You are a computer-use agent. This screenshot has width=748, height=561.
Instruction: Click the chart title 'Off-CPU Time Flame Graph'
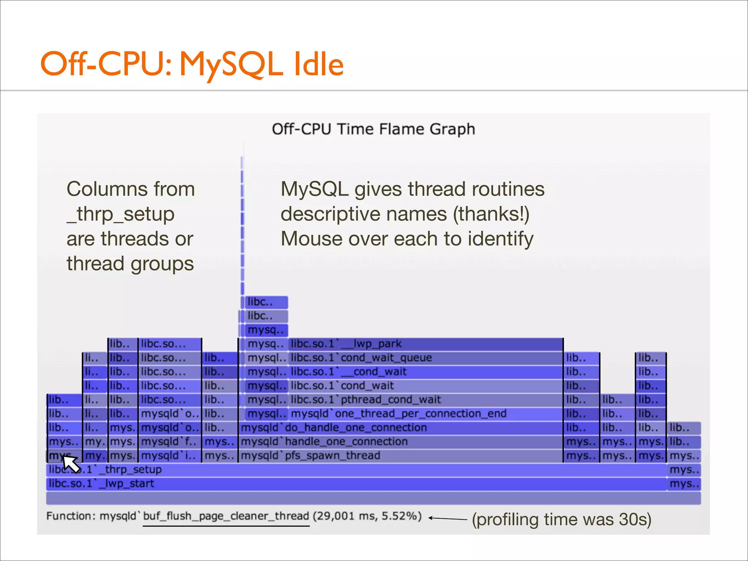coord(373,129)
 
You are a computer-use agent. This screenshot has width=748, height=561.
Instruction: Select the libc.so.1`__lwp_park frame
coord(425,344)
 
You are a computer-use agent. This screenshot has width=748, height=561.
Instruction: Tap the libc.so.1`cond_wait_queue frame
coord(425,358)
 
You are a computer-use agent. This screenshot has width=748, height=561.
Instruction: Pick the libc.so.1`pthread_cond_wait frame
coord(425,400)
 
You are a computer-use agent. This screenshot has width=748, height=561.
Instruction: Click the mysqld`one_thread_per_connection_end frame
coord(425,414)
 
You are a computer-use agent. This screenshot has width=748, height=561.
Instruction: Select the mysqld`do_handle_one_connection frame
coord(400,428)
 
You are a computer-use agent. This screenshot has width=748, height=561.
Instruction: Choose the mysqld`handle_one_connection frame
coord(400,442)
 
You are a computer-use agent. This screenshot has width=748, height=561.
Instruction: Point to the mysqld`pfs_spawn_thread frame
coord(400,456)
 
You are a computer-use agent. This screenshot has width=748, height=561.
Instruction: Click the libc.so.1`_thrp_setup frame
coord(356,470)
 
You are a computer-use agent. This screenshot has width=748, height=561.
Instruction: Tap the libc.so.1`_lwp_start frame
coord(356,484)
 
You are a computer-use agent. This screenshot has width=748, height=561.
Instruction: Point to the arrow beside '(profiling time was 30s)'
coord(448,518)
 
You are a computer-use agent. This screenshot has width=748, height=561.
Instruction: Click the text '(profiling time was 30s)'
coord(561,519)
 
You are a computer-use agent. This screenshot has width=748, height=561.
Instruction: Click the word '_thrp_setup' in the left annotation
coord(121,214)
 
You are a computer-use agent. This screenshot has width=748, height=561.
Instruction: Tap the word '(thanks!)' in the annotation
coord(491,214)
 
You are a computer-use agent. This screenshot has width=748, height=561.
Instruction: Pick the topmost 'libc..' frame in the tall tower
coord(266,302)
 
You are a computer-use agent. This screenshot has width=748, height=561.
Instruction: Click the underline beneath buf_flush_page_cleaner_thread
coord(226,526)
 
